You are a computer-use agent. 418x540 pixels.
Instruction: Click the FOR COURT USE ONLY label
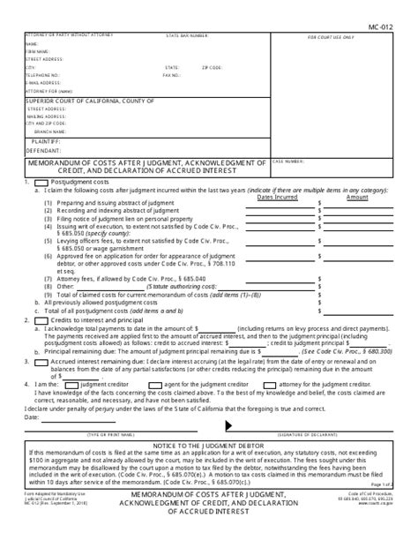tap(332, 39)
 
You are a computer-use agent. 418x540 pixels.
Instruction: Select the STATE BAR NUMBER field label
tap(187, 36)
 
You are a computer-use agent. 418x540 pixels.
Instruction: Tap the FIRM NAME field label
tap(36, 50)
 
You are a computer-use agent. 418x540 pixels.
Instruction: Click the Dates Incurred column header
tap(278, 197)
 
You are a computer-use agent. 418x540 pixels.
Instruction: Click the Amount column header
tap(357, 197)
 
